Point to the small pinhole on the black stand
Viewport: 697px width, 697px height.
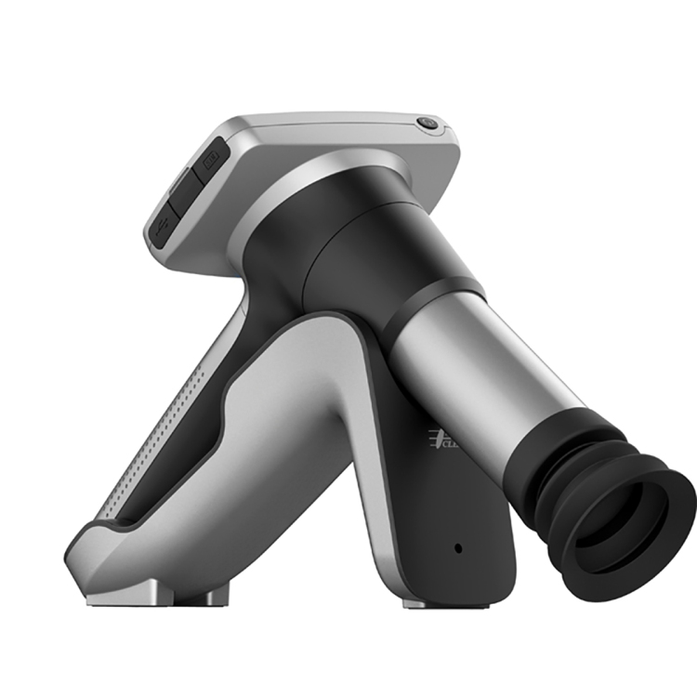[x=457, y=547]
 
